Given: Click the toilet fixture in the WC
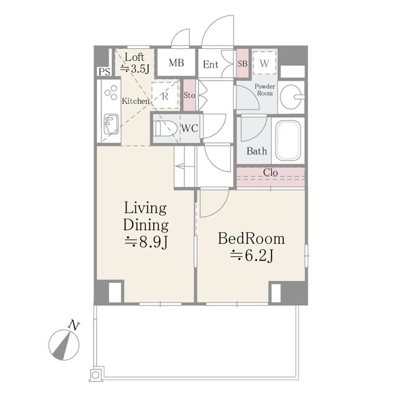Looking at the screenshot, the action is click(166, 128).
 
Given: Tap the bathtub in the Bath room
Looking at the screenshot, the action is click(288, 140).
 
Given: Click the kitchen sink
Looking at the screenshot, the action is click(111, 124).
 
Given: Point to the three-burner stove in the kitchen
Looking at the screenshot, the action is click(111, 92).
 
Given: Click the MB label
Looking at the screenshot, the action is click(176, 63).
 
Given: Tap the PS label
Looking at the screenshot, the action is click(104, 72).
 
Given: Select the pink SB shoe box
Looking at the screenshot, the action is click(243, 63).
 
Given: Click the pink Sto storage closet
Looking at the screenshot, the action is click(189, 95).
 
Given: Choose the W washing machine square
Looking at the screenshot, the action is click(264, 63).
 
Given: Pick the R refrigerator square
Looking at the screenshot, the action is click(165, 96).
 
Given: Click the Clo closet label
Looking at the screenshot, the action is click(270, 172).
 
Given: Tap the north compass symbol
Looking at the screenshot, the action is click(64, 345).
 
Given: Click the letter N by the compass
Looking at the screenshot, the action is click(74, 325).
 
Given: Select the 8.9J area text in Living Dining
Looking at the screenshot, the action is click(146, 242).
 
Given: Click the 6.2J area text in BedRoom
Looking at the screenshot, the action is click(251, 256).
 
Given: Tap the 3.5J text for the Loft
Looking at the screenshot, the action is click(135, 68).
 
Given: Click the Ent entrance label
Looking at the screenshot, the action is click(211, 65).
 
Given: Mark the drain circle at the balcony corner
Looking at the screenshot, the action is click(96, 375).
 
